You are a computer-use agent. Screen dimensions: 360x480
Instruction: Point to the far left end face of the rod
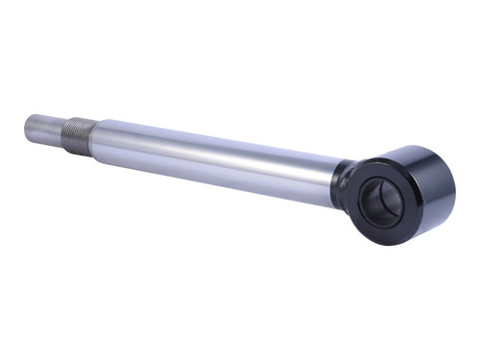point(27,124)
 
